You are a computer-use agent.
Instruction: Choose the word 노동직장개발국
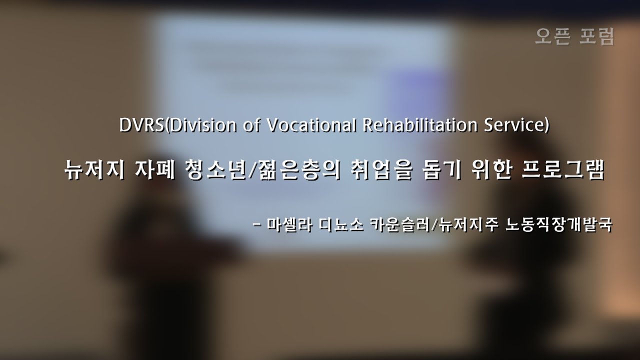[558, 224]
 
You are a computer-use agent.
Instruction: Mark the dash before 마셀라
[257, 224]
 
